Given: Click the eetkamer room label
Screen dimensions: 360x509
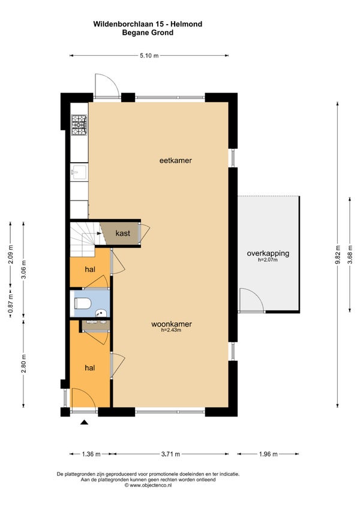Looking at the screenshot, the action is click(x=175, y=160).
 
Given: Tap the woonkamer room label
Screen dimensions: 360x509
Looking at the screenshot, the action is click(x=172, y=324).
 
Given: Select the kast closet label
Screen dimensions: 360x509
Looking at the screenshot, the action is click(x=123, y=233).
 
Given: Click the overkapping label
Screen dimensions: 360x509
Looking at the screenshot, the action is click(x=268, y=253).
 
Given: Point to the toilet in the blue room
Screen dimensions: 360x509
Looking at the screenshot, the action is click(x=83, y=304).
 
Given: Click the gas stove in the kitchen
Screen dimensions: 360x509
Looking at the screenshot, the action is click(x=79, y=125).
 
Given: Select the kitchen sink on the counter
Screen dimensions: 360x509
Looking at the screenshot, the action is click(x=79, y=172).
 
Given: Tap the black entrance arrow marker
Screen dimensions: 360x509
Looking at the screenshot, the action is click(x=85, y=422).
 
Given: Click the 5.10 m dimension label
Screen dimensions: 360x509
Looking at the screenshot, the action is click(x=149, y=55).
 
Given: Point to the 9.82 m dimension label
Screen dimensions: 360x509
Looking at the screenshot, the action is click(x=338, y=255).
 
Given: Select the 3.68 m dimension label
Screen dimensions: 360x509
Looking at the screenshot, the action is click(x=350, y=255).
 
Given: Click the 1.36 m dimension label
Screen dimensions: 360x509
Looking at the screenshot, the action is click(x=91, y=454).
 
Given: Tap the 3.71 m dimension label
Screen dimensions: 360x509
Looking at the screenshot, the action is click(x=170, y=454).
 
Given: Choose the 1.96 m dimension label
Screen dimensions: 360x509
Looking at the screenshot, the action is click(x=268, y=454).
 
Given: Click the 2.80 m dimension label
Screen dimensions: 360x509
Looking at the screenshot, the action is click(x=23, y=364).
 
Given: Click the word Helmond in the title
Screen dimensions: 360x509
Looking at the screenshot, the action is click(x=187, y=24).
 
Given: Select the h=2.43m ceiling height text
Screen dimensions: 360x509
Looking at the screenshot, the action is click(x=171, y=330).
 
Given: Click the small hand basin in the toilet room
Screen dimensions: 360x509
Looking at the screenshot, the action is click(x=101, y=313).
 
